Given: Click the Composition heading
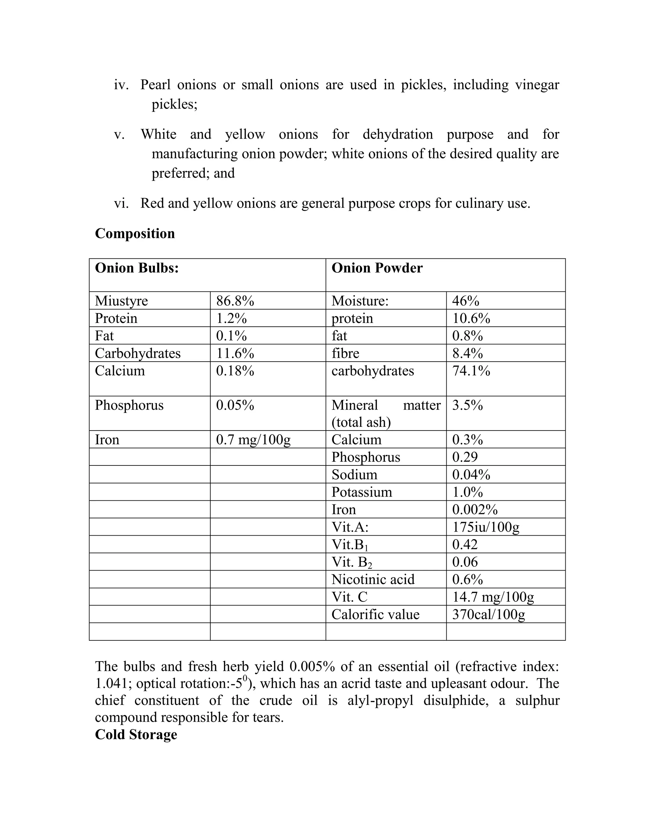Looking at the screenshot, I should [x=134, y=233].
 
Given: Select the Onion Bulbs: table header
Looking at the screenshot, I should [x=137, y=268].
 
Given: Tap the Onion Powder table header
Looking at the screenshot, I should [x=377, y=268].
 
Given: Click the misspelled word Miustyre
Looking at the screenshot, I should [x=121, y=301].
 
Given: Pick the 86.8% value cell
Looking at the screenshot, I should [x=235, y=301].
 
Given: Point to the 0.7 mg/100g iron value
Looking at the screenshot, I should [x=253, y=440].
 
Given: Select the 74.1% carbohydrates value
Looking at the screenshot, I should [x=471, y=371].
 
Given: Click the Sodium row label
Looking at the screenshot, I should [x=354, y=475].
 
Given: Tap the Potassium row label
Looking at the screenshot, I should [x=362, y=492].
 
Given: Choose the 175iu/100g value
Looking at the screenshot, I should [x=486, y=527].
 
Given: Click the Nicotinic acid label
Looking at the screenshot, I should [x=373, y=579].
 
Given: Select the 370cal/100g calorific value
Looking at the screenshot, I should [x=488, y=614].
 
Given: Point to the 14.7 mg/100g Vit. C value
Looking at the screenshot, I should [x=493, y=597].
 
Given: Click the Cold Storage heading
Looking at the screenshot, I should [x=136, y=734].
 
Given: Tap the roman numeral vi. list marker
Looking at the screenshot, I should [x=121, y=203].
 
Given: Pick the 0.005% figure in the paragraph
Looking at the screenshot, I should [x=312, y=666].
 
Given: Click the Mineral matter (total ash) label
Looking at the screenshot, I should [x=385, y=414].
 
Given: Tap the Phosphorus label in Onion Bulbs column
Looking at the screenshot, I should [x=129, y=405].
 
